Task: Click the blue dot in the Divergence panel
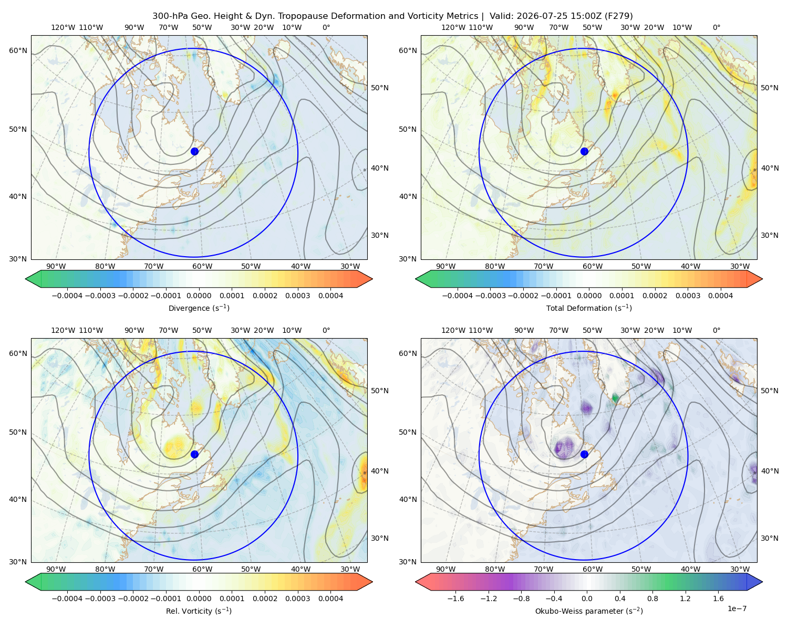(x=194, y=151)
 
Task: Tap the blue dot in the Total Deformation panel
(x=584, y=151)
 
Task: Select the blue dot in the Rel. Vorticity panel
(x=194, y=454)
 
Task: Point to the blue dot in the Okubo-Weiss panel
(x=584, y=454)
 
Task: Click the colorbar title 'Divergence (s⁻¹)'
(x=199, y=308)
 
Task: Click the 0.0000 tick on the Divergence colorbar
(x=199, y=296)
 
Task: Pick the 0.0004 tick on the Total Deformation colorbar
(x=720, y=296)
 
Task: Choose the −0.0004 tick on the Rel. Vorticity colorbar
(x=67, y=598)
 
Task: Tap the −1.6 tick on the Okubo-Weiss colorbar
(x=455, y=598)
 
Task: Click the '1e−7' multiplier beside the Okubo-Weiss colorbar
(x=737, y=608)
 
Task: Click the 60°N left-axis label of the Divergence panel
(x=18, y=50)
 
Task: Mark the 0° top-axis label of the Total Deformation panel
(x=716, y=27)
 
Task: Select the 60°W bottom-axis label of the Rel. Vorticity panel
(x=202, y=569)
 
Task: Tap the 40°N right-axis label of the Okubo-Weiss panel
(x=769, y=471)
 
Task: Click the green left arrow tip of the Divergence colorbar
(x=26, y=279)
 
